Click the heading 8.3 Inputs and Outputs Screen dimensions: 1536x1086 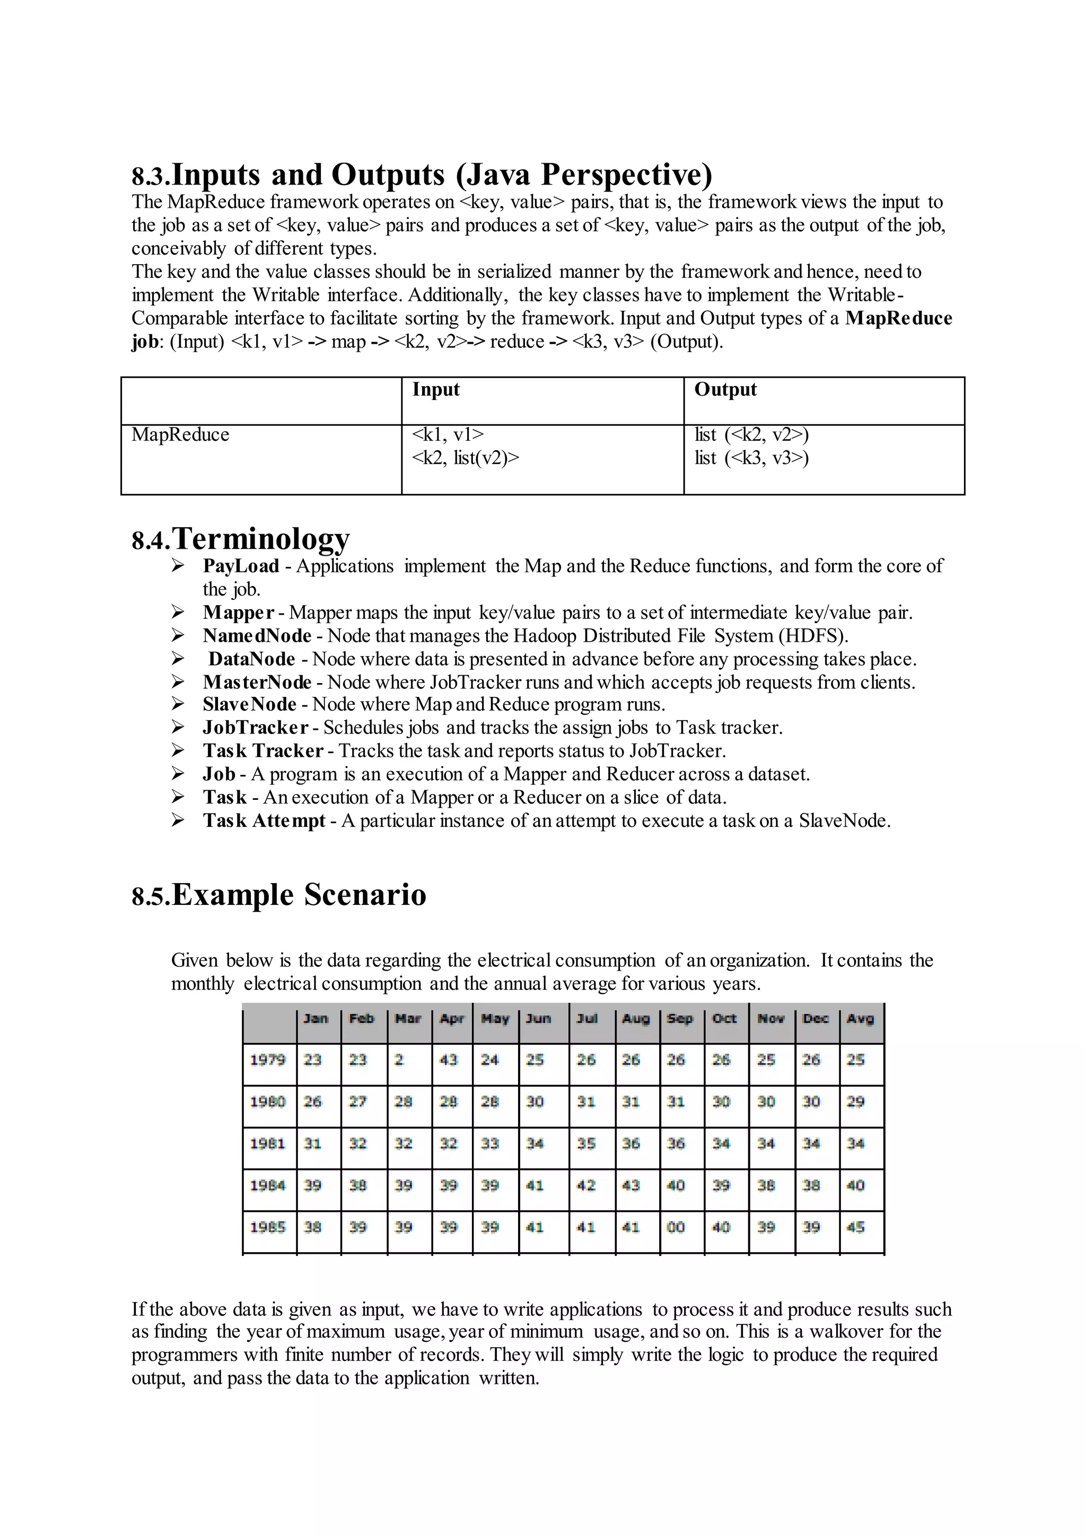pyautogui.click(x=421, y=175)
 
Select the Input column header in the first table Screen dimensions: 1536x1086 pyautogui.click(x=435, y=389)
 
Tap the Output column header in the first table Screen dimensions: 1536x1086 pyautogui.click(x=725, y=389)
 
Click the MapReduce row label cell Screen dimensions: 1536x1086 pyautogui.click(x=180, y=435)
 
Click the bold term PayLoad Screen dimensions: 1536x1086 pyautogui.click(x=241, y=566)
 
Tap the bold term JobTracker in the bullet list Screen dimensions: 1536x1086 pyautogui.click(x=256, y=728)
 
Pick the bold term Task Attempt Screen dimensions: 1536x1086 pyautogui.click(x=264, y=821)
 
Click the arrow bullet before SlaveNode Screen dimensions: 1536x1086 pyautogui.click(x=178, y=704)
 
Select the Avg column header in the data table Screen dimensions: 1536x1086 pyautogui.click(x=860, y=1019)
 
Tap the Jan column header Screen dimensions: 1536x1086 pyautogui.click(x=316, y=1019)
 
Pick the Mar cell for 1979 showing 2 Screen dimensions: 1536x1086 pyautogui.click(x=399, y=1060)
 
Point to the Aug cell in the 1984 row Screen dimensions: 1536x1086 pyautogui.click(x=630, y=1185)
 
